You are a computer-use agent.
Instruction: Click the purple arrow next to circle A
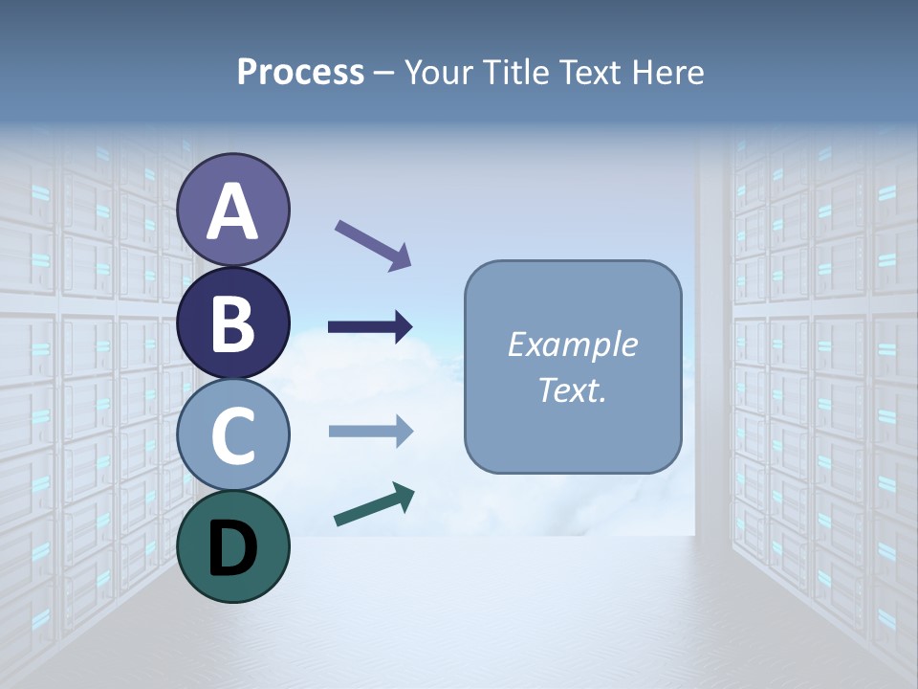pos(373,244)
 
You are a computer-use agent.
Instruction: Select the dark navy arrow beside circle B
pos(370,327)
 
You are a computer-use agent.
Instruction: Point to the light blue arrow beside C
pos(370,432)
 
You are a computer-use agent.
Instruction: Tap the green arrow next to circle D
pos(373,505)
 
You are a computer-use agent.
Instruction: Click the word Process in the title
pos(300,73)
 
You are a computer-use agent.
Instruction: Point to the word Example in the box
pos(572,344)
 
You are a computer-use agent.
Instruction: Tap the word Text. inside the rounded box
pos(572,389)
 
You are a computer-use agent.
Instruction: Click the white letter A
pos(233,212)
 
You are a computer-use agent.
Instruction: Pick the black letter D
pos(233,548)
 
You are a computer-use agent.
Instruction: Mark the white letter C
pos(233,435)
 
